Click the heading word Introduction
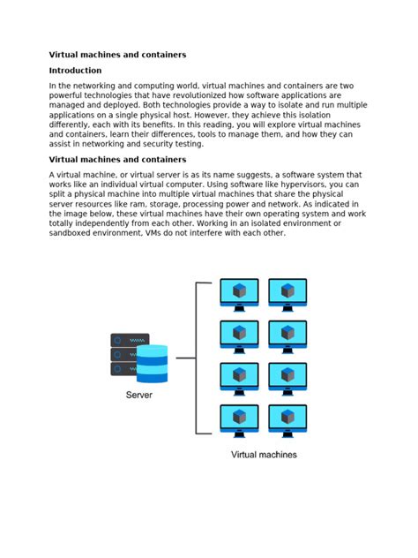pyautogui.click(x=75, y=71)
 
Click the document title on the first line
pyautogui.click(x=117, y=55)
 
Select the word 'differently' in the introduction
pyautogui.click(x=75, y=124)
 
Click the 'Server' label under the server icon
pyautogui.click(x=138, y=395)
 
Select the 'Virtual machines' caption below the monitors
pyautogui.click(x=264, y=455)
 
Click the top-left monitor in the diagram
pyautogui.click(x=239, y=294)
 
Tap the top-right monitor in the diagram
pyautogui.click(x=287, y=294)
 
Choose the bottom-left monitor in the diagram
pyautogui.click(x=239, y=420)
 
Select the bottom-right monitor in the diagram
pyautogui.click(x=287, y=420)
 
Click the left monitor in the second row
pyautogui.click(x=239, y=336)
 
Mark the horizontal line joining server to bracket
pyautogui.click(x=185, y=358)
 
